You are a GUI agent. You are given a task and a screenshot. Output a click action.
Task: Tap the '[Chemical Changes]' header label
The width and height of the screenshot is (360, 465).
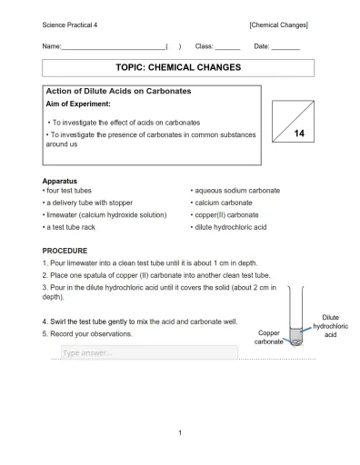(x=278, y=24)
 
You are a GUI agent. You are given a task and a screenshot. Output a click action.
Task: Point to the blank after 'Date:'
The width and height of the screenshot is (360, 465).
(x=285, y=45)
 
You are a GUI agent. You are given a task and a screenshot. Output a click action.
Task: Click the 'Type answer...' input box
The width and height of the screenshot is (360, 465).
(x=149, y=352)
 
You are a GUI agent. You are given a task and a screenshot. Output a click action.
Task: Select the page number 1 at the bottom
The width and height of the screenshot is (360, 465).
(x=180, y=431)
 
